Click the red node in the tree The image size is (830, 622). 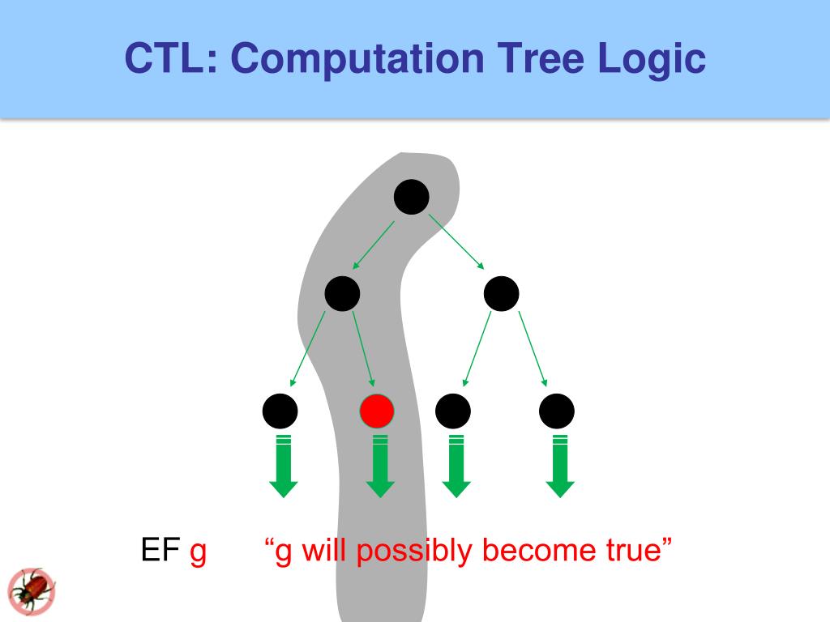(x=377, y=411)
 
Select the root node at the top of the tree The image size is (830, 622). (x=411, y=197)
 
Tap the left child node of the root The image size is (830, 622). (x=342, y=293)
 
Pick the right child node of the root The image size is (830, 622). (x=501, y=293)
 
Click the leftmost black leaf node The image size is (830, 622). (x=280, y=411)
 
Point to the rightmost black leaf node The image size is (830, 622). (x=557, y=411)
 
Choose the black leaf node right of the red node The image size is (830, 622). (x=453, y=411)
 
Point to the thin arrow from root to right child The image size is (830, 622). (x=456, y=241)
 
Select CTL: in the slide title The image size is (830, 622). (x=170, y=59)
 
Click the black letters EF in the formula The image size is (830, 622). (x=160, y=551)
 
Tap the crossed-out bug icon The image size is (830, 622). (x=32, y=590)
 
